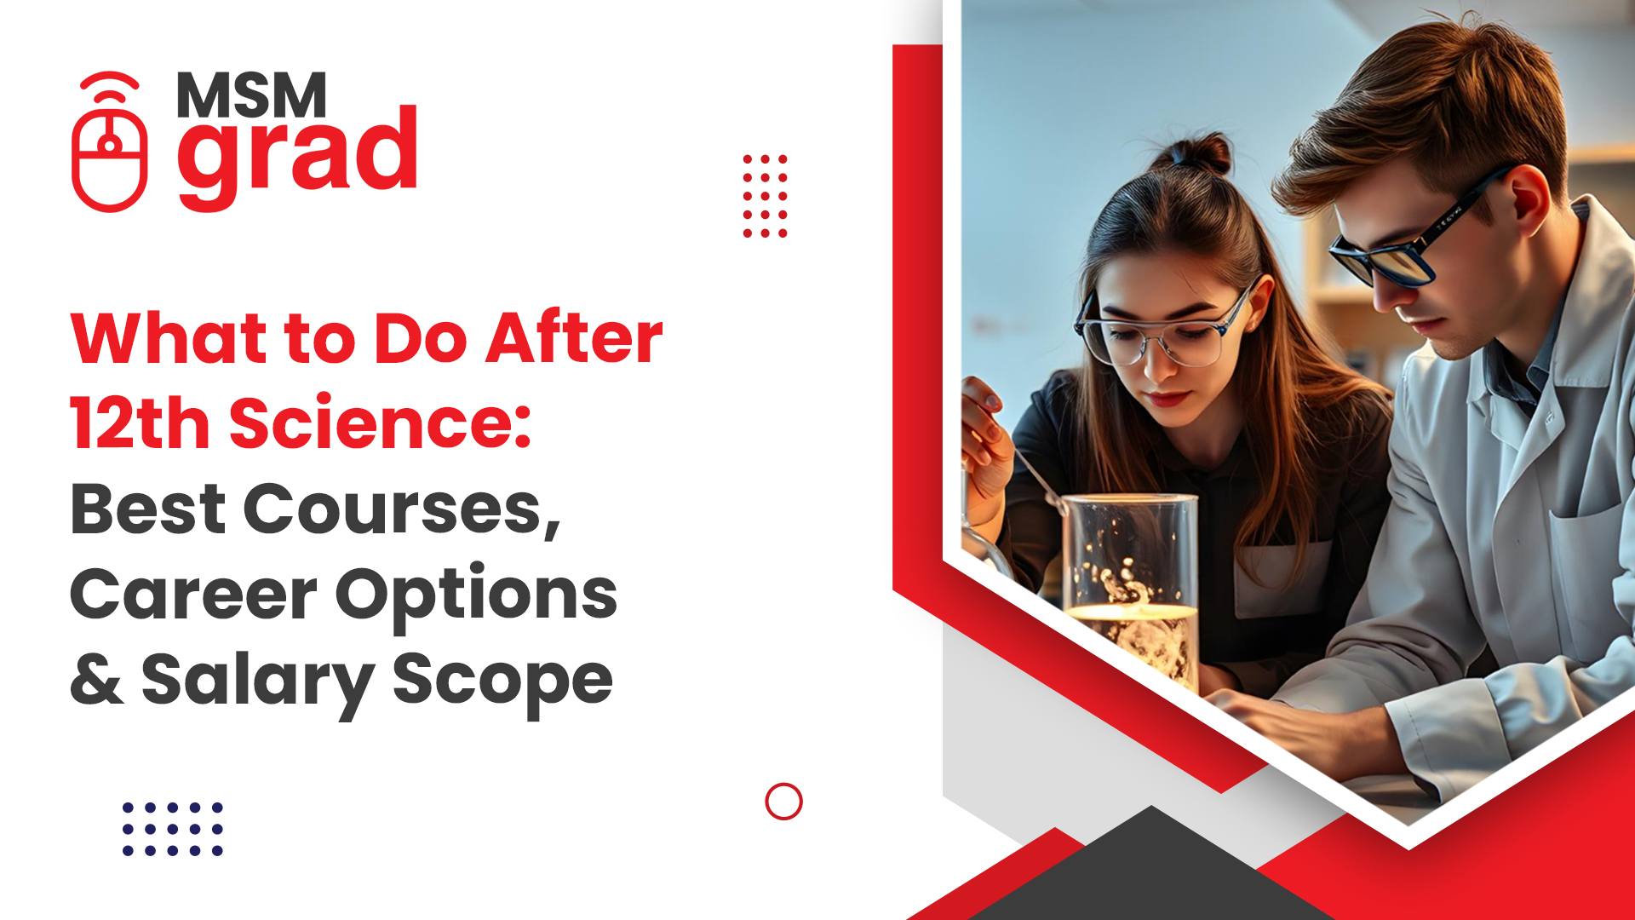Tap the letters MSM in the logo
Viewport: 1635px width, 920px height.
pos(251,95)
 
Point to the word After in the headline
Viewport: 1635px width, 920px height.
pos(575,338)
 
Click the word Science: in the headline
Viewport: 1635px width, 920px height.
pos(381,423)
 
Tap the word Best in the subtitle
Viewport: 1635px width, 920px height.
pos(147,509)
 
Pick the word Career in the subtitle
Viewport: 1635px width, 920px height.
pos(193,595)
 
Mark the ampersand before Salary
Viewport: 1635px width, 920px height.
pos(97,680)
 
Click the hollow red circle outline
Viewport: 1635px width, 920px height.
pos(783,802)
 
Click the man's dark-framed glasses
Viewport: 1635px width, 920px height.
pos(1405,247)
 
